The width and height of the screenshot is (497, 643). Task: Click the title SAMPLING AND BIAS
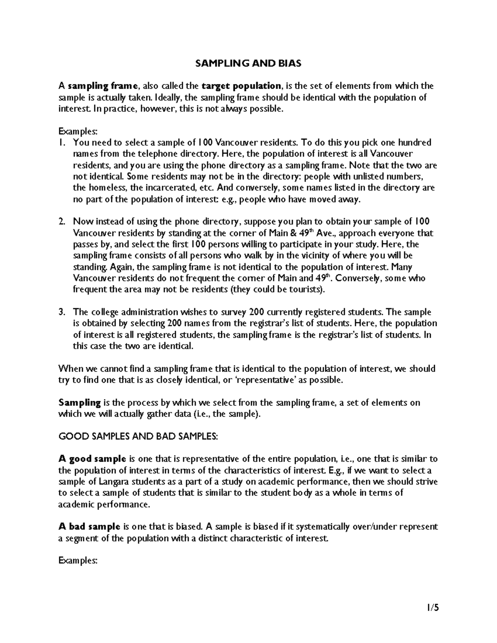pyautogui.click(x=248, y=63)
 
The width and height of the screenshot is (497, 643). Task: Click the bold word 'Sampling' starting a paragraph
pyautogui.click(x=80, y=402)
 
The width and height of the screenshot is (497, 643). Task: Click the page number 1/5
pyautogui.click(x=431, y=608)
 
